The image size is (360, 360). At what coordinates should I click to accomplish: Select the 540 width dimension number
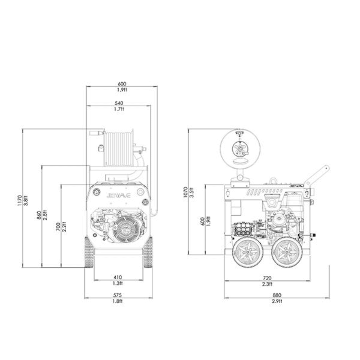point(119,103)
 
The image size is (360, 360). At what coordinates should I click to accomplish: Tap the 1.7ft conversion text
point(119,109)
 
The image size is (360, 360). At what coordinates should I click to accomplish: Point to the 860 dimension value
point(39,216)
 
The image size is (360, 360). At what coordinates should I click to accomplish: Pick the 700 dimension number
point(58,226)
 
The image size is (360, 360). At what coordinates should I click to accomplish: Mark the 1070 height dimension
point(186,191)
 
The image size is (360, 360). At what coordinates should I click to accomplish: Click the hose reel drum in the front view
point(119,148)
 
